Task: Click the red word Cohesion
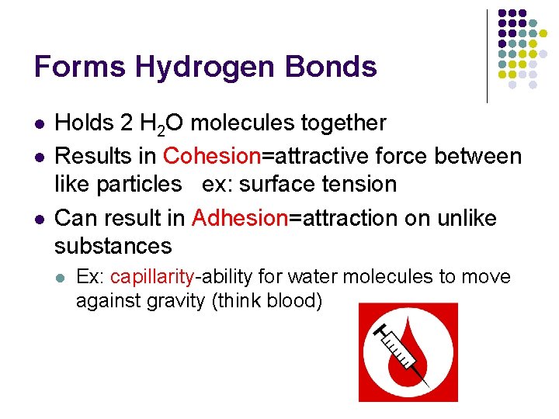(212, 156)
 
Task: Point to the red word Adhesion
(240, 218)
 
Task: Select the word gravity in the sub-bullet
(175, 301)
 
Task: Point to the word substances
(113, 247)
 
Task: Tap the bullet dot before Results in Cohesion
(38, 157)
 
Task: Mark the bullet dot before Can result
(38, 219)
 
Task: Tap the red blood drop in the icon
(420, 341)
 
